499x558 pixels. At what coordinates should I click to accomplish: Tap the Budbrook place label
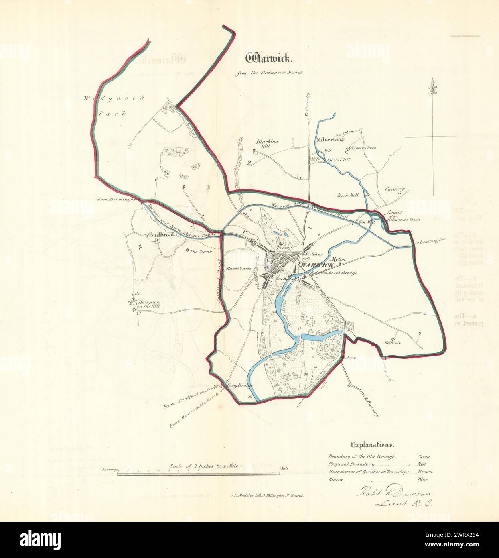(x=163, y=235)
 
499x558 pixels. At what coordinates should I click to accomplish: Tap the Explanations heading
(x=372, y=444)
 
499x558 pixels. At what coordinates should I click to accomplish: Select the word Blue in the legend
(x=422, y=479)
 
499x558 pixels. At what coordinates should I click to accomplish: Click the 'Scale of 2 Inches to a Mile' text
(x=204, y=466)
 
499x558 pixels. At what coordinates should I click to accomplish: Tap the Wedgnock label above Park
(x=114, y=99)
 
